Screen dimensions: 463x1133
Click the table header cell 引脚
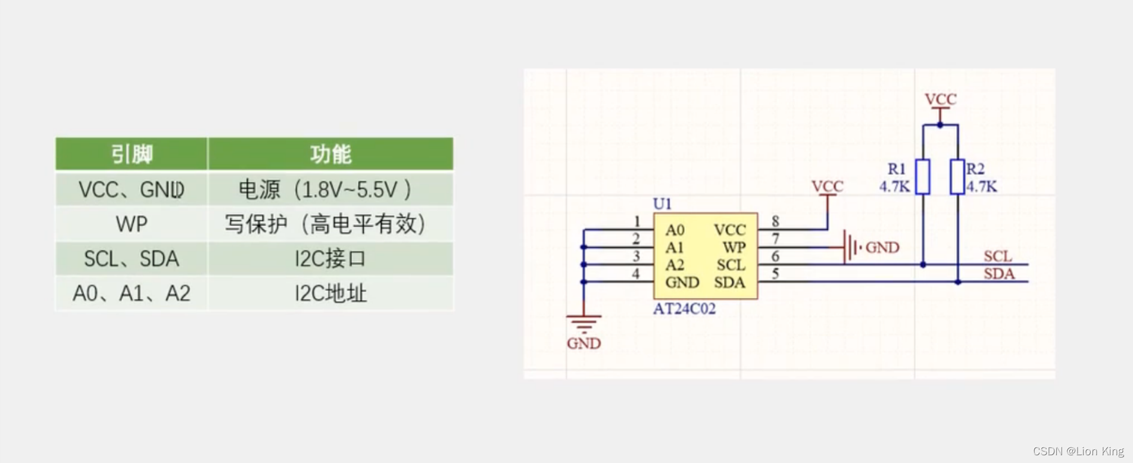point(132,154)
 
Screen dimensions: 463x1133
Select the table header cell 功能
point(330,154)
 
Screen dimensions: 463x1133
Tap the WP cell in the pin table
point(132,224)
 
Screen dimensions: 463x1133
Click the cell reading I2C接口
point(330,259)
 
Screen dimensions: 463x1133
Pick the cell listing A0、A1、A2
point(132,293)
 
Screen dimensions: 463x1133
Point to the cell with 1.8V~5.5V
point(330,190)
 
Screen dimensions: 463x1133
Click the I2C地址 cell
point(330,293)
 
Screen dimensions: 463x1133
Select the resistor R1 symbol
point(923,177)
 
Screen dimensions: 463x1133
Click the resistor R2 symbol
point(957,177)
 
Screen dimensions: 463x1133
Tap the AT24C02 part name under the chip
point(684,309)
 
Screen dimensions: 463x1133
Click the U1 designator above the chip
point(662,204)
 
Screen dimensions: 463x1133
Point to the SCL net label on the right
point(998,256)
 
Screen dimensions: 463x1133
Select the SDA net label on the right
point(999,274)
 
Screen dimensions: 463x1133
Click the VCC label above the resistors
point(940,99)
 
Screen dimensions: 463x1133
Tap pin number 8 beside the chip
point(775,221)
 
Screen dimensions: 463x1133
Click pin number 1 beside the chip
point(636,221)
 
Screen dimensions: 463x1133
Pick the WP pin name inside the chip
point(734,248)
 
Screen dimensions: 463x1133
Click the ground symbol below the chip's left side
point(583,324)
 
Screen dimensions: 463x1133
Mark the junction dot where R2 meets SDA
point(958,282)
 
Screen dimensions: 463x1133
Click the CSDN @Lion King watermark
point(1078,452)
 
